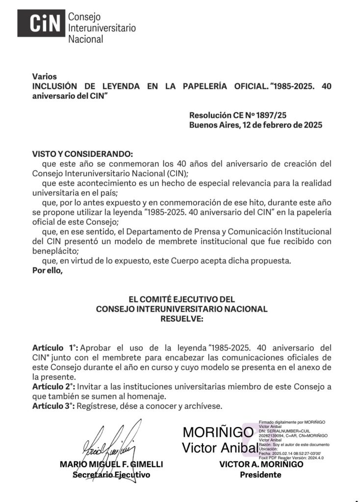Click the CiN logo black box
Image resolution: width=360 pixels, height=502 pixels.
pyautogui.click(x=41, y=23)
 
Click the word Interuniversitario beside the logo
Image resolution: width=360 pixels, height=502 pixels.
pyautogui.click(x=102, y=28)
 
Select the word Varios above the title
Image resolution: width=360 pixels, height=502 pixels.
pyautogui.click(x=45, y=76)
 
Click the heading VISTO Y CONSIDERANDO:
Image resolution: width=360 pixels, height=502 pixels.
pyautogui.click(x=82, y=154)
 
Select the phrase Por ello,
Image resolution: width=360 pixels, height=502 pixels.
pyautogui.click(x=48, y=270)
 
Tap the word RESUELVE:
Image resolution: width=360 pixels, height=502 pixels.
pyautogui.click(x=181, y=319)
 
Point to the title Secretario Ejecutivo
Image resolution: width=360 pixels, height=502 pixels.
pyautogui.click(x=111, y=475)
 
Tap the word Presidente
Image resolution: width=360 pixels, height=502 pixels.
pyautogui.click(x=260, y=475)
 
